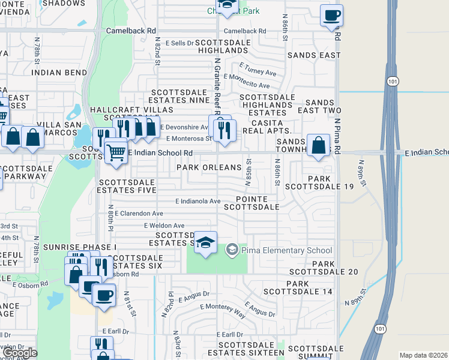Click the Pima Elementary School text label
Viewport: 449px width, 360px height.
286,250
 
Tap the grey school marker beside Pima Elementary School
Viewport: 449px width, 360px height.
232,250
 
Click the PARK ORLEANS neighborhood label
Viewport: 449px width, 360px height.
209,167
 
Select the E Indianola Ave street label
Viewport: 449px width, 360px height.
197,201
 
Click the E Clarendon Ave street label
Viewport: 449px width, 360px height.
139,213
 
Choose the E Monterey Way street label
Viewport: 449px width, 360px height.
223,310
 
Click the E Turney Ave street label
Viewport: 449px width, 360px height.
258,69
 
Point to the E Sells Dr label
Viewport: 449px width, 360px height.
175,43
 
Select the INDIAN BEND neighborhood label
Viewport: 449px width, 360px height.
59,73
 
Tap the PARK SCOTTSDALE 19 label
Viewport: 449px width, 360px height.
331,183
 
